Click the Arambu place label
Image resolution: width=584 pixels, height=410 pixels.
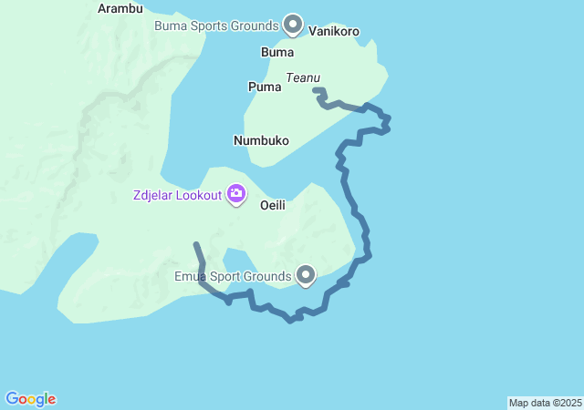click(x=120, y=9)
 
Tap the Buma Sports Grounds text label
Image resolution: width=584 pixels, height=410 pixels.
click(x=215, y=26)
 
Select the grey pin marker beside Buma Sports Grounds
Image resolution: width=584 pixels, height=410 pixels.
click(x=293, y=23)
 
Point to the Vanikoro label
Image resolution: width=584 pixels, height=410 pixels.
click(x=334, y=31)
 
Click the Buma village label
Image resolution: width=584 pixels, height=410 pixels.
click(x=277, y=52)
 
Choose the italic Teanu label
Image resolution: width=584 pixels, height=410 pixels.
click(x=303, y=78)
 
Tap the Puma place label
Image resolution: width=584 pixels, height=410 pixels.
click(x=264, y=87)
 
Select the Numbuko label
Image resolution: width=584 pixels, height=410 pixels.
click(x=261, y=140)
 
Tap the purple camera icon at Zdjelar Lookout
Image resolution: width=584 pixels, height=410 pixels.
click(x=236, y=193)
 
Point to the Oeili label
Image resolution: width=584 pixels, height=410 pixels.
click(x=273, y=205)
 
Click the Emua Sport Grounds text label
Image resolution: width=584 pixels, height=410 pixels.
click(x=234, y=275)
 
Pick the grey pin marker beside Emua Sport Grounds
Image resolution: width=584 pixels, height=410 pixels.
click(x=306, y=273)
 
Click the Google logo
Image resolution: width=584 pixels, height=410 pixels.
click(x=31, y=399)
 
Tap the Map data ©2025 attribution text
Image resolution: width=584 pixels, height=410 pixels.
click(x=545, y=403)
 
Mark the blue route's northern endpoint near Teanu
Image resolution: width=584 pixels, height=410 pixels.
click(x=315, y=89)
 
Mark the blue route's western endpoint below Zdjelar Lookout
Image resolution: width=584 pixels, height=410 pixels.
click(x=196, y=244)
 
